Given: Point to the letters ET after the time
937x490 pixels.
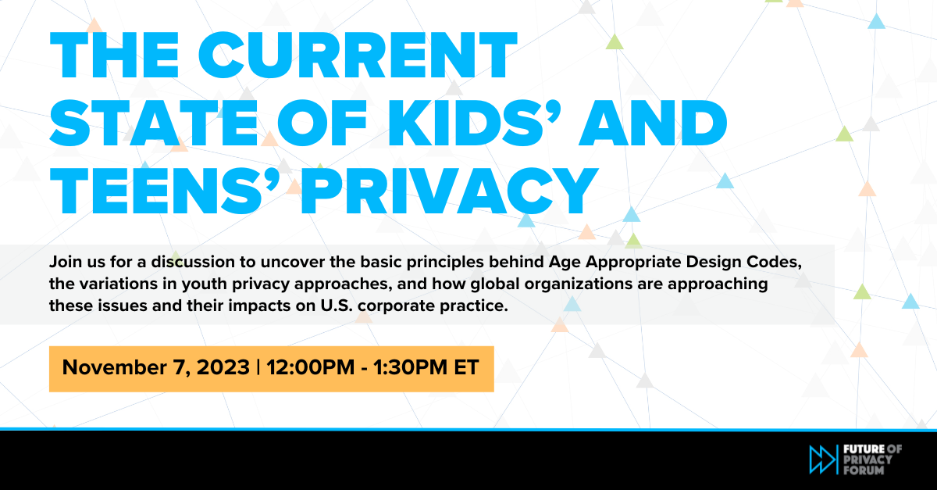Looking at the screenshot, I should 467,368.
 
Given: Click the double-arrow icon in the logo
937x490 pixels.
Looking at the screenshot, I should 822,459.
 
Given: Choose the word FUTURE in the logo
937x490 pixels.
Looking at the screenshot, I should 863,448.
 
